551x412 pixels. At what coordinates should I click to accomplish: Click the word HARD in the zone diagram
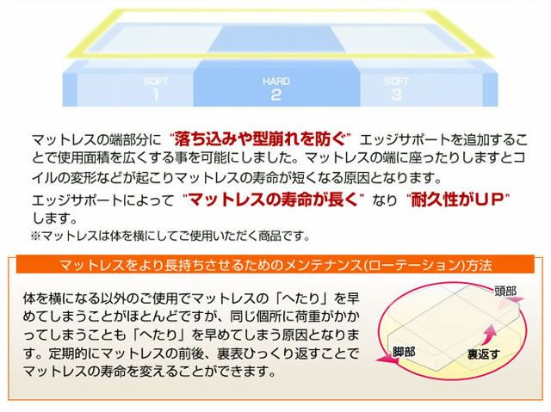275,80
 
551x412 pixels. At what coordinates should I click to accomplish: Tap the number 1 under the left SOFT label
156,94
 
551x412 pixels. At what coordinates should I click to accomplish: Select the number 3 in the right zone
396,94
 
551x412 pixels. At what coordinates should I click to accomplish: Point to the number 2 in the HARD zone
275,95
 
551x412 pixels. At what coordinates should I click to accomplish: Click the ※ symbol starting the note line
35,234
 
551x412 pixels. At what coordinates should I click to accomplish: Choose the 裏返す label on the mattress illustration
484,353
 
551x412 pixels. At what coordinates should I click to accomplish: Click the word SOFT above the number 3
396,80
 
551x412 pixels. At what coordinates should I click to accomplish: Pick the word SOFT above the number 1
156,80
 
